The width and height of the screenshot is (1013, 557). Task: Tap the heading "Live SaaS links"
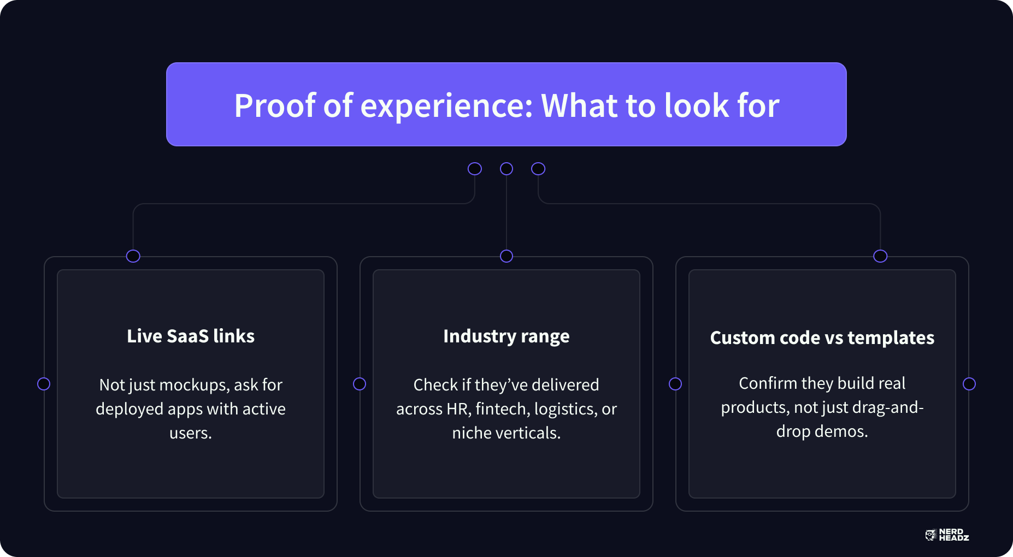[x=191, y=336]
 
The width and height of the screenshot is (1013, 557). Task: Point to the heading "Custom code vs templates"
[x=822, y=338]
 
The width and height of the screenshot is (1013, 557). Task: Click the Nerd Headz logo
[x=947, y=535]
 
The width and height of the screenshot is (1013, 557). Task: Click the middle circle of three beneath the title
[x=507, y=169]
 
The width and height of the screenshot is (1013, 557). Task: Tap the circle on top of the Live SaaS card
[x=133, y=256]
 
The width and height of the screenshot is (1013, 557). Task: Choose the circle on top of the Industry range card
[x=507, y=256]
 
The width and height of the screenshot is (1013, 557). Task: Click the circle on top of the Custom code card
[x=880, y=256]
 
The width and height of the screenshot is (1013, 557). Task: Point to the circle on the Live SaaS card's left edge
[x=44, y=384]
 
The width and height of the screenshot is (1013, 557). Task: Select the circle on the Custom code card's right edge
[x=969, y=384]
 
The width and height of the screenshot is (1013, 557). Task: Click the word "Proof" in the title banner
[x=275, y=105]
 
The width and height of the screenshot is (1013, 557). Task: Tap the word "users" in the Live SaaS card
[x=190, y=434]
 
